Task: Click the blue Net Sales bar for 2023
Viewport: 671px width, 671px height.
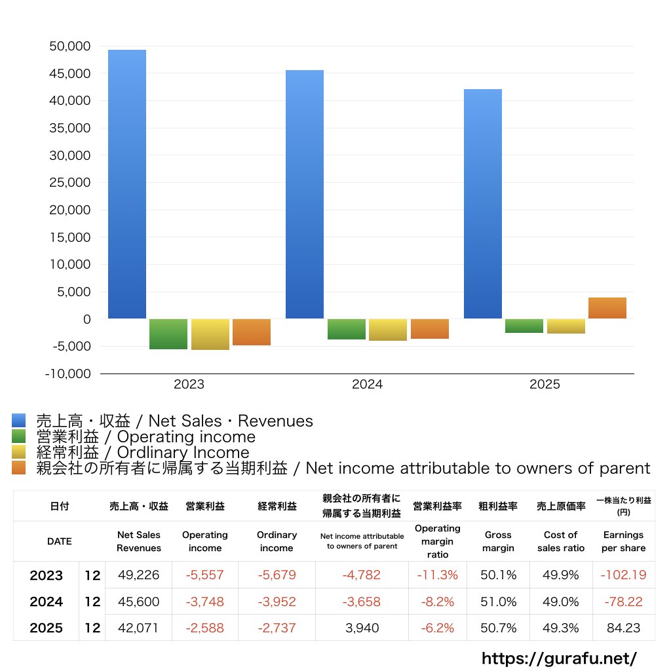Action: tap(127, 184)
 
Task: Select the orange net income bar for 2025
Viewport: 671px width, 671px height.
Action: tap(607, 308)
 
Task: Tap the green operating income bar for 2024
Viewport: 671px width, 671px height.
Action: tap(347, 329)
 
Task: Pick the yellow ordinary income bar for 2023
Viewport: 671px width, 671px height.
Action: tap(210, 334)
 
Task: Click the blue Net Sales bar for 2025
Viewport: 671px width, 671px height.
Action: tap(483, 204)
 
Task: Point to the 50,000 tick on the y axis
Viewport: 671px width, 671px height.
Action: tap(69, 47)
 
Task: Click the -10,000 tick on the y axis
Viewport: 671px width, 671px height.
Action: tap(68, 374)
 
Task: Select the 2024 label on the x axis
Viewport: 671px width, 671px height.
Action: tap(367, 385)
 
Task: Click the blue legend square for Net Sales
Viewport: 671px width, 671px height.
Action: tap(19, 421)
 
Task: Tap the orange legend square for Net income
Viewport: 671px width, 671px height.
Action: tap(19, 468)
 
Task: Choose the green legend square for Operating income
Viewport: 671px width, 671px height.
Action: tap(19, 436)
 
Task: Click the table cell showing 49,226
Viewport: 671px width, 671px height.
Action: tap(139, 575)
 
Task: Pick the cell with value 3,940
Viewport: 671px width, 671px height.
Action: tap(362, 628)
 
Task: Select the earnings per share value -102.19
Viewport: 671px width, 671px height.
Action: tap(623, 575)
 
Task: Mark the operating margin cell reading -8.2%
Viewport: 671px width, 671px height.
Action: tap(437, 602)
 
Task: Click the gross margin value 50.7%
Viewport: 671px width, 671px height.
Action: tap(499, 628)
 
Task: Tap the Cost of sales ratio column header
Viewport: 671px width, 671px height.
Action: tap(560, 541)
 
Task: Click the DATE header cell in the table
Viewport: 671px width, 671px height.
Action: tap(59, 541)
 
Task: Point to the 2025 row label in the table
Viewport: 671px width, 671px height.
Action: tap(47, 628)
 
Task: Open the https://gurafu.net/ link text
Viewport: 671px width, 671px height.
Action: tap(559, 658)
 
